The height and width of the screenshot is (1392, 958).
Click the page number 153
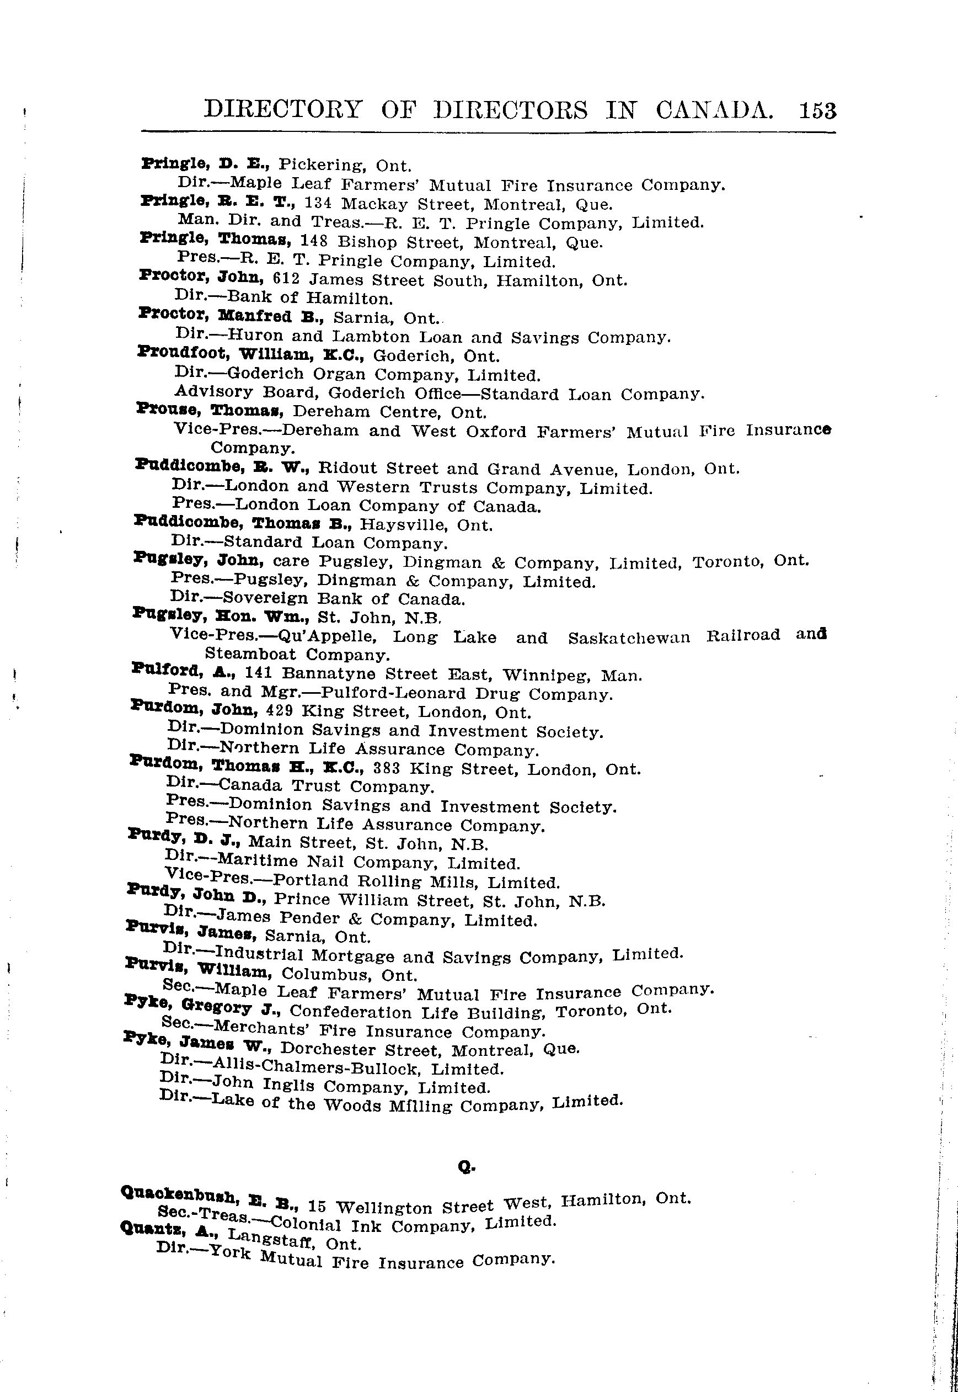(817, 111)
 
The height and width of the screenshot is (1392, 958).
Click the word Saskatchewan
(628, 637)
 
